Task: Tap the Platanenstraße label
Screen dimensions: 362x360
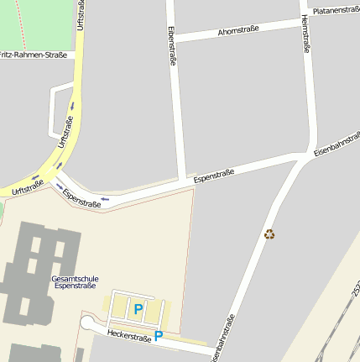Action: coord(335,10)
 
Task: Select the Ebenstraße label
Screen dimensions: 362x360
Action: coord(172,46)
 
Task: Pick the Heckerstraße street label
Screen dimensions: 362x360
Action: coord(129,337)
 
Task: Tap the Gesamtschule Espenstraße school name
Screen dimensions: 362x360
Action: coord(75,282)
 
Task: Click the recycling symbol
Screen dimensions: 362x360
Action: coord(269,234)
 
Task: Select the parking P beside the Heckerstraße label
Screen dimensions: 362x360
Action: coord(158,337)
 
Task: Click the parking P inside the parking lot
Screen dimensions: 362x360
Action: coord(138,310)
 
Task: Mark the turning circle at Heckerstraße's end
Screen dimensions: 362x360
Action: coord(88,323)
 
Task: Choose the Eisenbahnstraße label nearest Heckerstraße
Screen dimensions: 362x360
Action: coord(222,338)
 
